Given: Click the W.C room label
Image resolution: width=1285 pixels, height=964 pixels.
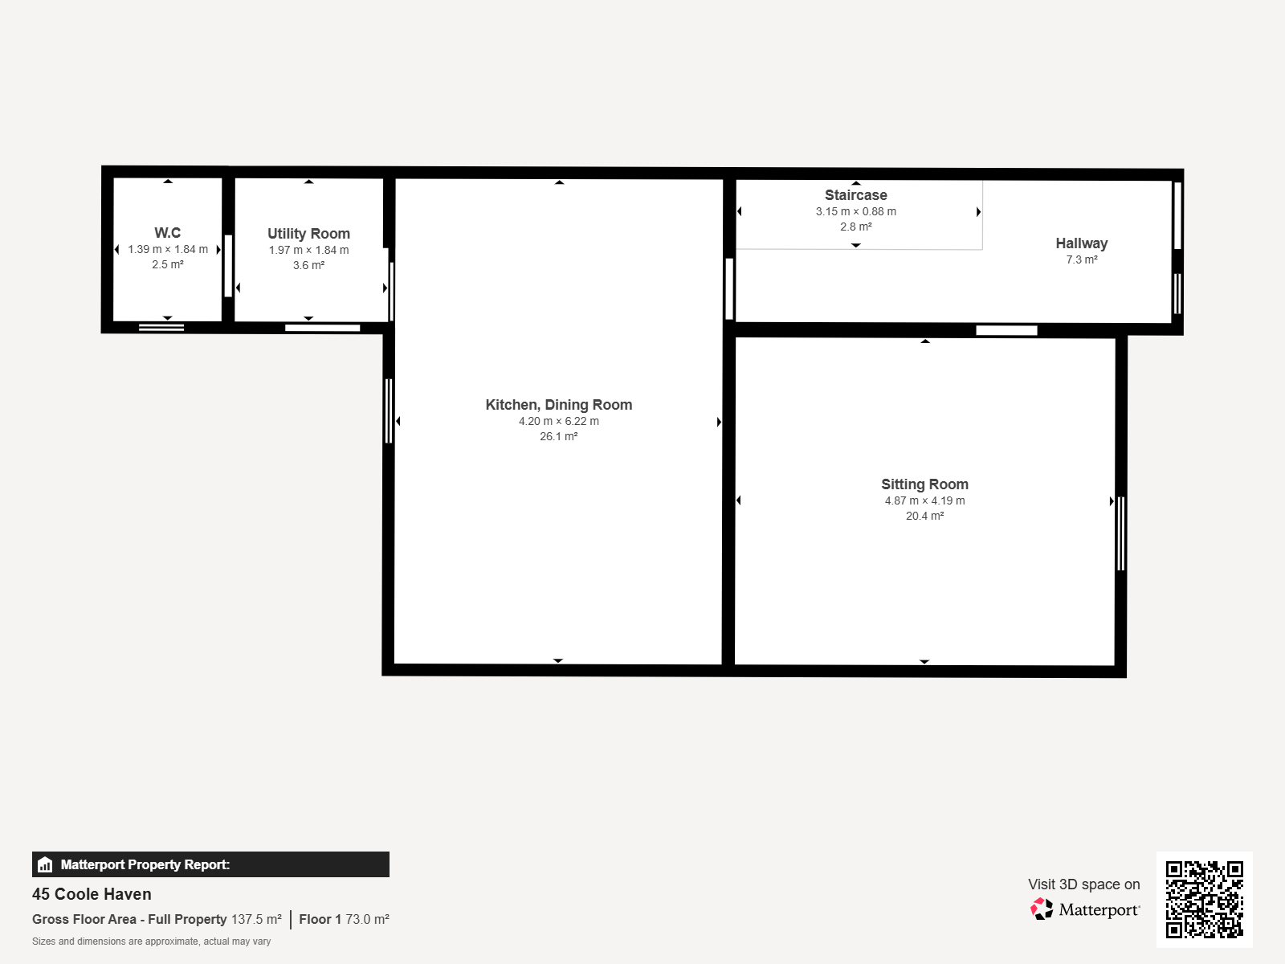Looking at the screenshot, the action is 167,232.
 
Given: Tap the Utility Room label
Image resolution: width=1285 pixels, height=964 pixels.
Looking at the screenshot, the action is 308,234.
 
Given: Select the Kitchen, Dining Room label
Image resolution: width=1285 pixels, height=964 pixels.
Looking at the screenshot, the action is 558,404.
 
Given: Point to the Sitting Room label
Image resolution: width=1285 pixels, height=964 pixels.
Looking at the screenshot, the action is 924,484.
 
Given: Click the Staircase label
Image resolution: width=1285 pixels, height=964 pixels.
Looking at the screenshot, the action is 856,195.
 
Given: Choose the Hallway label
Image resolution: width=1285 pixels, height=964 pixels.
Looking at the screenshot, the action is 1081,243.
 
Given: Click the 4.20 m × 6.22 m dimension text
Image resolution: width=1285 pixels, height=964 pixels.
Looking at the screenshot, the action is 558,421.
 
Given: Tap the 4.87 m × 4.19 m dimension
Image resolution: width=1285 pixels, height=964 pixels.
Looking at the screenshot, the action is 924,500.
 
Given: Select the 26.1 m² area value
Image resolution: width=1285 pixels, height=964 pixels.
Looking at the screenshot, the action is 558,436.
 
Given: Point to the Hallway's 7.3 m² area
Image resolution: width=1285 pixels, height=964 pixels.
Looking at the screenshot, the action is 1081,259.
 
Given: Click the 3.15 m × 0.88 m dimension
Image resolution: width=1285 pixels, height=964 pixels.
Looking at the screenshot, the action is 856,211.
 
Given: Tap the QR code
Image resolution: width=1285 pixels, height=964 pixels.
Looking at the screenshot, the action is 1204,899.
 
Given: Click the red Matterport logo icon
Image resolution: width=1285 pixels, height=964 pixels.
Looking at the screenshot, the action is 1042,909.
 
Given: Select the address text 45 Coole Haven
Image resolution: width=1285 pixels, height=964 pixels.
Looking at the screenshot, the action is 92,894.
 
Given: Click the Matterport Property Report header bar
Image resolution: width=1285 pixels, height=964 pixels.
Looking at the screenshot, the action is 210,864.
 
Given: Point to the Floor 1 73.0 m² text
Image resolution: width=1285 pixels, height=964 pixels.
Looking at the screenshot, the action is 345,919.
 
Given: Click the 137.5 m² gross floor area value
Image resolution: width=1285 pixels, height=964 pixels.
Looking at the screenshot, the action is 256,919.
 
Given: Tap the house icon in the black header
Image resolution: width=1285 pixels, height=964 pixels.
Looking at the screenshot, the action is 45,864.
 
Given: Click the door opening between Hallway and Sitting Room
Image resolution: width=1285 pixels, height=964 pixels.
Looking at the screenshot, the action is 1006,331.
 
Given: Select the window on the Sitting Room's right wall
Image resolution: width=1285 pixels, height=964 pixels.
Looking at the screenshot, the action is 1120,533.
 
